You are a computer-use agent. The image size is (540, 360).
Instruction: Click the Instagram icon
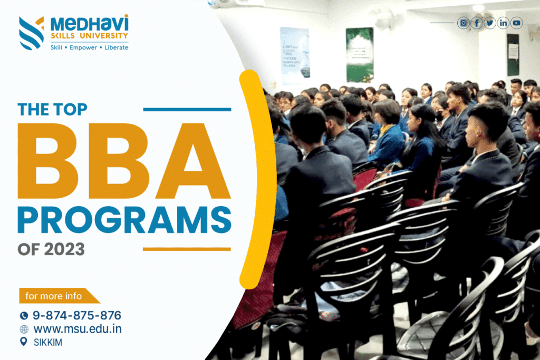464,23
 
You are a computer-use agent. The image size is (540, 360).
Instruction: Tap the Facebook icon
477,23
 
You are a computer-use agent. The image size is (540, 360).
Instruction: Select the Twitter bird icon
490,23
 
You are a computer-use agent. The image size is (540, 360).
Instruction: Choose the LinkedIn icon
503,23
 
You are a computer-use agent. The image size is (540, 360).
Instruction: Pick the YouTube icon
516,23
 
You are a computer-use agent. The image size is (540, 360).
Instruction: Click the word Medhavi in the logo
89,23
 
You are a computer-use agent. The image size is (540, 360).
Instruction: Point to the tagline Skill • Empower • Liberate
89,47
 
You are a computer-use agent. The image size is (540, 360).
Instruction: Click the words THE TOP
52,109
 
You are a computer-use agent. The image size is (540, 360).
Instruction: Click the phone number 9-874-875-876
77,316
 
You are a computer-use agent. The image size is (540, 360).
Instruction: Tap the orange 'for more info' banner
55,296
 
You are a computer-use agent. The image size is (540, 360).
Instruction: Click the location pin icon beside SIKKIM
23,342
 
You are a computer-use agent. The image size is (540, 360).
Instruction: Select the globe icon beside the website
24,329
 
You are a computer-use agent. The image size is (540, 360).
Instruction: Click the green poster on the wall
360,54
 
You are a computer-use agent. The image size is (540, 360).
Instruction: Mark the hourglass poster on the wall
294,55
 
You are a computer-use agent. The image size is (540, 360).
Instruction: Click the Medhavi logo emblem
31,33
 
